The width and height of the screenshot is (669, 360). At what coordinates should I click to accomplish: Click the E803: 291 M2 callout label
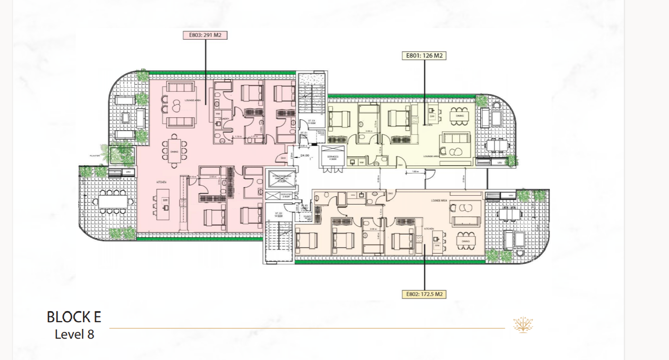(x=205, y=35)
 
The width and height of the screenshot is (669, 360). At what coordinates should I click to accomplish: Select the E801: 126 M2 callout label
(x=425, y=56)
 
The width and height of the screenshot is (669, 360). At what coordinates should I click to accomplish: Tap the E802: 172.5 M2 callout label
(x=424, y=294)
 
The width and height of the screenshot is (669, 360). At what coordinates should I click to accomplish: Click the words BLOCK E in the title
(x=74, y=317)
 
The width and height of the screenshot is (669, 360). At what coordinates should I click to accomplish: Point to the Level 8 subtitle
(x=74, y=334)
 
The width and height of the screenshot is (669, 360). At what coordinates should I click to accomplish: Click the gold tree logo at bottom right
(x=523, y=325)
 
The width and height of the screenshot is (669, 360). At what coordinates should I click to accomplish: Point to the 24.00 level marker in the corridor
(x=304, y=156)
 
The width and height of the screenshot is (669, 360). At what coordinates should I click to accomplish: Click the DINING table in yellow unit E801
(x=460, y=116)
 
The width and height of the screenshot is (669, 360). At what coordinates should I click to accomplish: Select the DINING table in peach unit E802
(x=465, y=241)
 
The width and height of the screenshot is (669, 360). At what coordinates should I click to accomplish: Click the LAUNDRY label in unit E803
(x=224, y=118)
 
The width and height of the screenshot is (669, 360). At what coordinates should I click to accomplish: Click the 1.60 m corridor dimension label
(x=415, y=171)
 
